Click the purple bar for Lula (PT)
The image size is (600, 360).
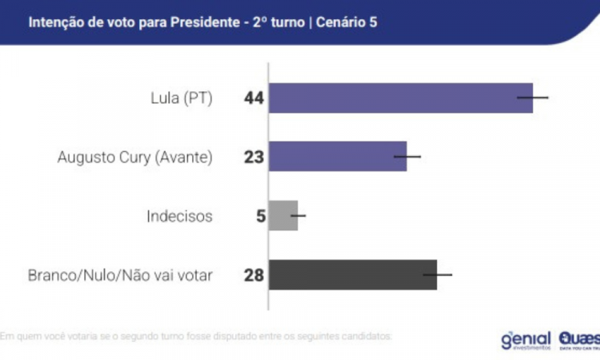[x=400, y=98]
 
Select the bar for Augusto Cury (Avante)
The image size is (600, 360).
[x=338, y=157]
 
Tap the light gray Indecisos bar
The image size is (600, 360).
[x=283, y=215]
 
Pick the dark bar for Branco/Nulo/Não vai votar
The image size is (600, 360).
[x=352, y=274]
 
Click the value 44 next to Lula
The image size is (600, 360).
[x=254, y=99]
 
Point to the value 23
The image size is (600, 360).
[x=254, y=158]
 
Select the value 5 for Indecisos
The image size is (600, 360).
[x=260, y=216]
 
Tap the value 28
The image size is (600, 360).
[x=254, y=275]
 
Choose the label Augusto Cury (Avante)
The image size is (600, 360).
[x=135, y=158]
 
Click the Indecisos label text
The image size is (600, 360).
[x=180, y=216]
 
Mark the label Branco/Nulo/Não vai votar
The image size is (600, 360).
[x=120, y=275]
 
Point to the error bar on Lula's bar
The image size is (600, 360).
[x=533, y=98]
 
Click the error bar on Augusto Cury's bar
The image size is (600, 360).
[x=407, y=157]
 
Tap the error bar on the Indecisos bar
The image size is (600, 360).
[x=298, y=215]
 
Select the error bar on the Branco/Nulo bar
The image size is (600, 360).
[x=438, y=274]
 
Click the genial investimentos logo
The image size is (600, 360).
[x=525, y=339]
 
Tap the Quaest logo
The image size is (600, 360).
[x=578, y=339]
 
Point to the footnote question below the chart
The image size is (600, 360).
[x=196, y=336]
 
